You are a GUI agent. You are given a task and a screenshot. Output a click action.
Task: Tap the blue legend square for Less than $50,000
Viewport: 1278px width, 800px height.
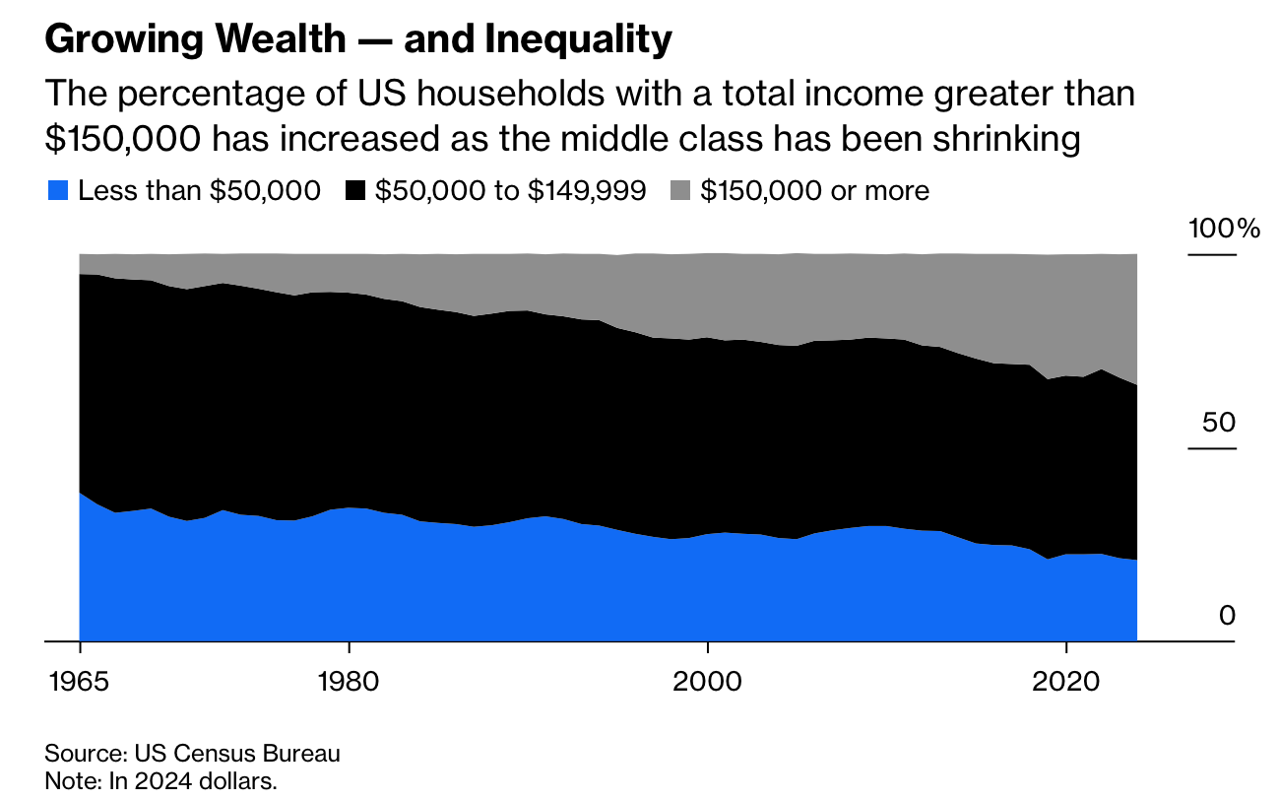(x=58, y=190)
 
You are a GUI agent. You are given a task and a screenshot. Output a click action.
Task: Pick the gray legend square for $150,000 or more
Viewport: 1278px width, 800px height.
(x=681, y=190)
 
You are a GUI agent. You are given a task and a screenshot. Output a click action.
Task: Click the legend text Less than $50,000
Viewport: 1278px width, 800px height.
(x=199, y=190)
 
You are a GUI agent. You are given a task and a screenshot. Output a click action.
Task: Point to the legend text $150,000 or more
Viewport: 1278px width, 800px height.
(x=814, y=190)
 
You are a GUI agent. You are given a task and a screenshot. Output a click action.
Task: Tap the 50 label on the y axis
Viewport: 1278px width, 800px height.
(x=1218, y=423)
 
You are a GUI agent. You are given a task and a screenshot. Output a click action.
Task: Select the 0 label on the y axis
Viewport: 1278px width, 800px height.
(x=1226, y=616)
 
